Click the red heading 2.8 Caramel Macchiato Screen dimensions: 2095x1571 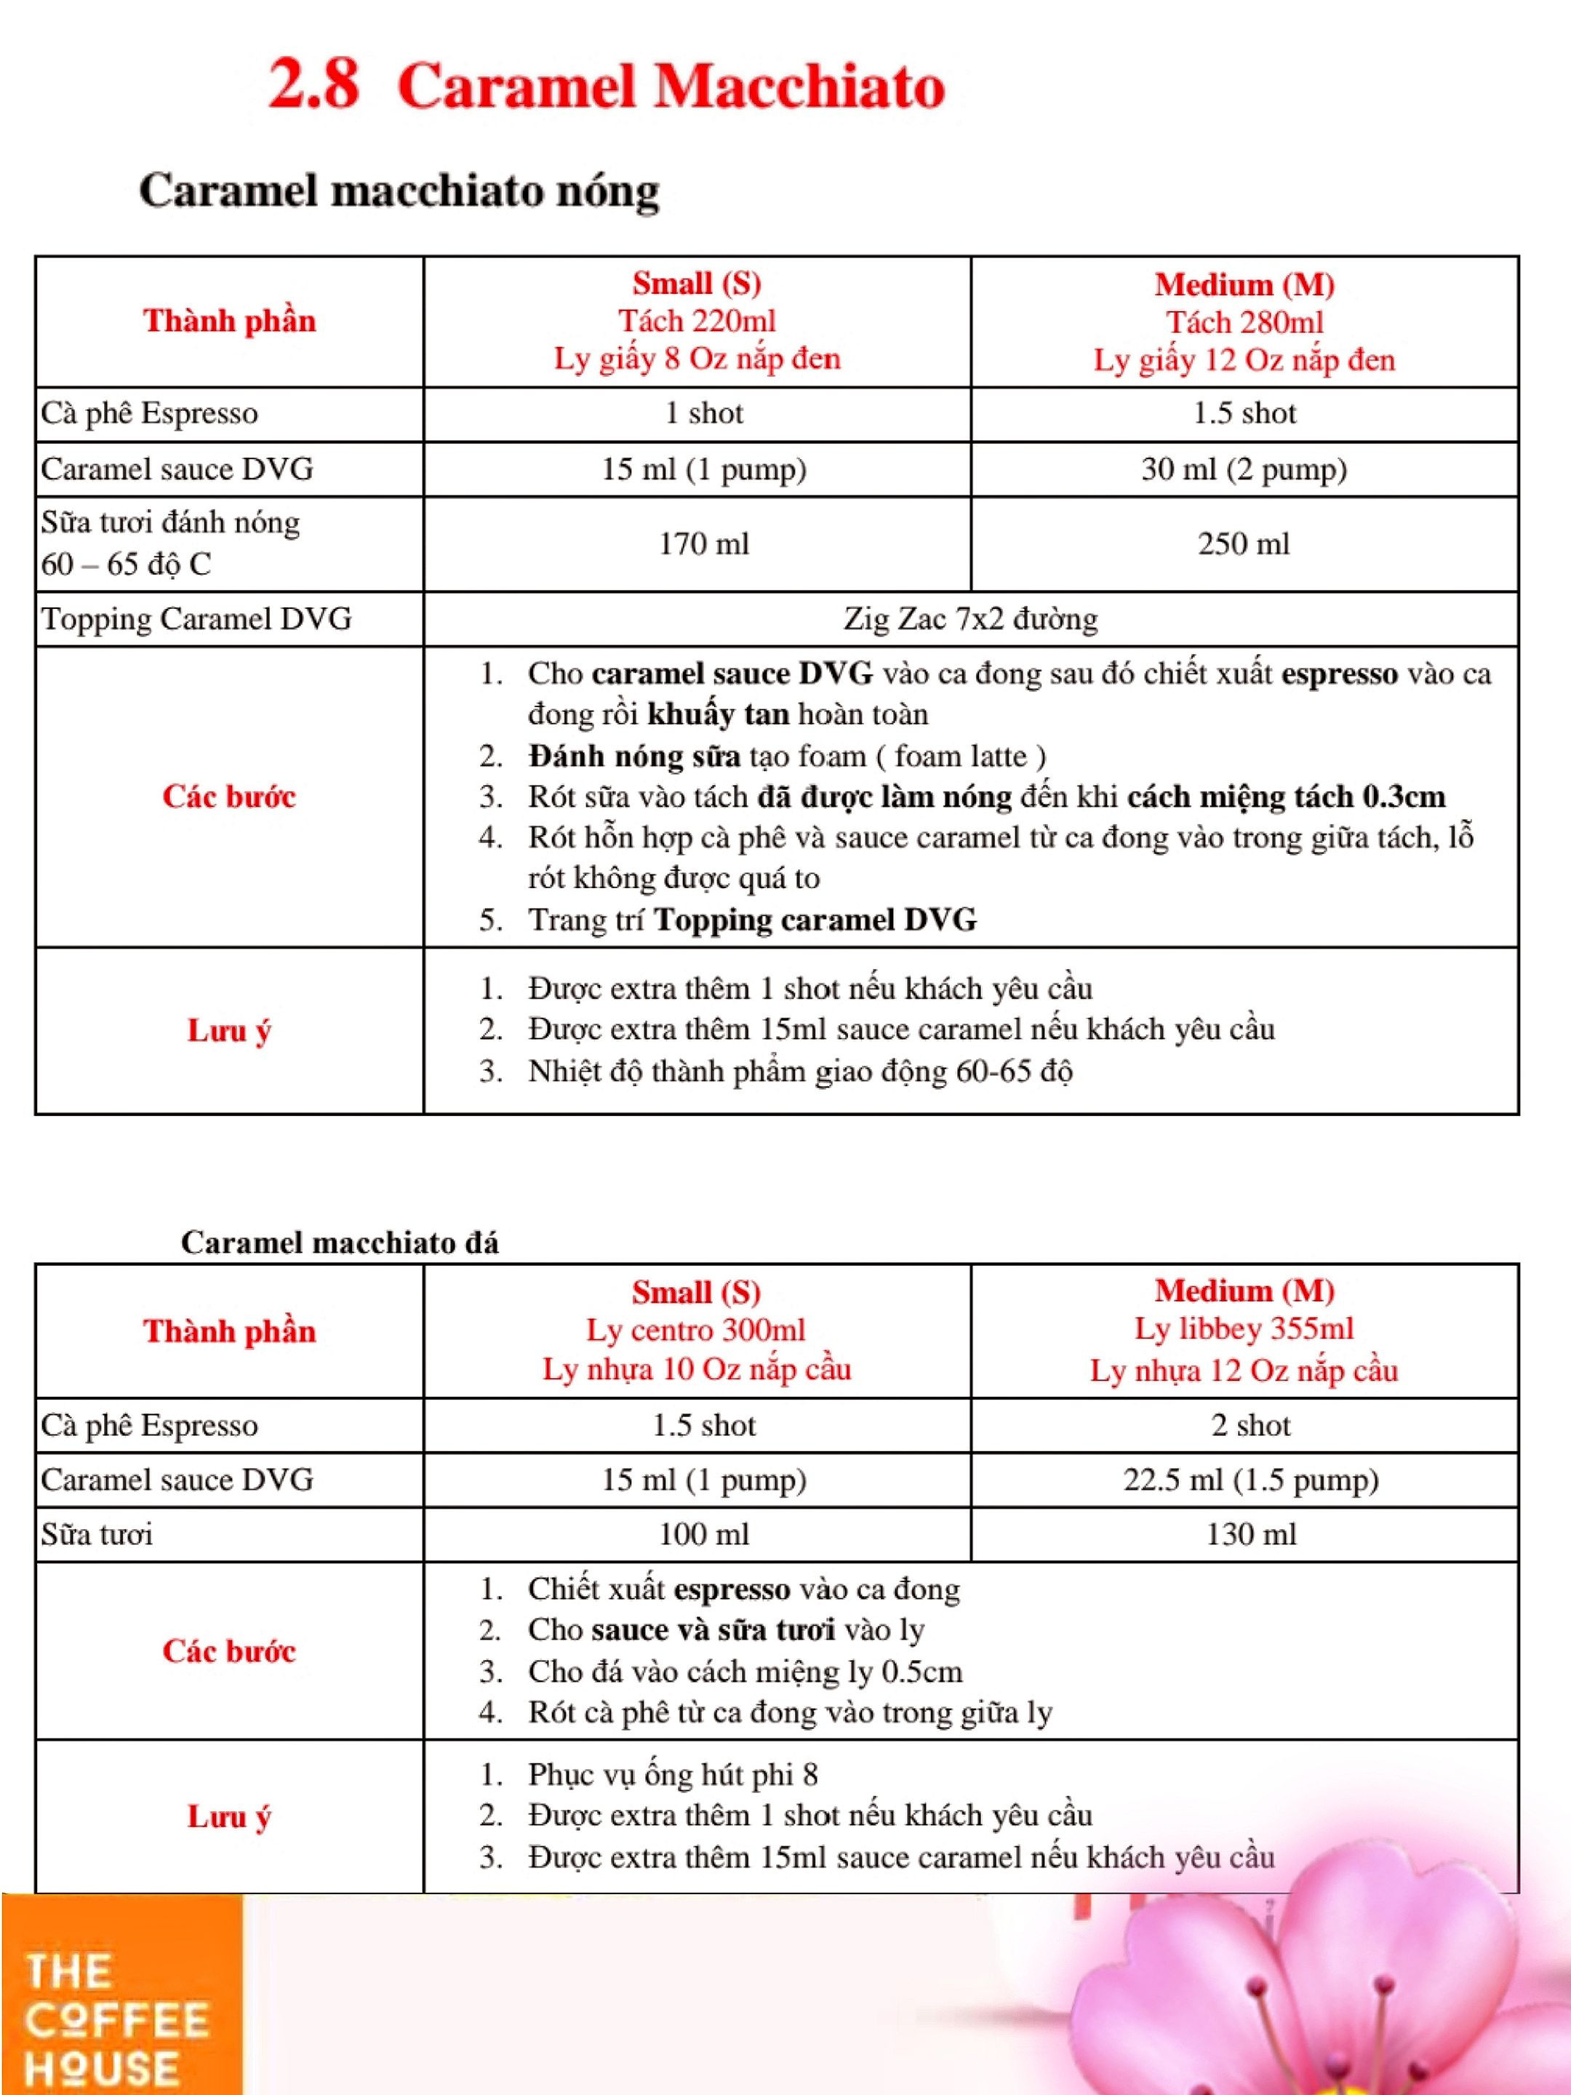pyautogui.click(x=606, y=85)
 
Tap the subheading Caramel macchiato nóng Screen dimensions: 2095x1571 pyautogui.click(x=399, y=191)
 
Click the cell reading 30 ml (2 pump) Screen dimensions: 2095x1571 pyautogui.click(x=1244, y=468)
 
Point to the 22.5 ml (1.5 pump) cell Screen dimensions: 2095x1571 pyautogui.click(x=1250, y=1480)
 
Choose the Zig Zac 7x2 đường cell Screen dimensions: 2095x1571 pyautogui.click(x=971, y=618)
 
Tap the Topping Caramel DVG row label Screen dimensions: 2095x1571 pyautogui.click(x=196, y=618)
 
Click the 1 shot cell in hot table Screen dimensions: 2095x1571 pyautogui.click(x=703, y=413)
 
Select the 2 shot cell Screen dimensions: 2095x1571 pyautogui.click(x=1250, y=1424)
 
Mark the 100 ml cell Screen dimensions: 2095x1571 pyautogui.click(x=703, y=1534)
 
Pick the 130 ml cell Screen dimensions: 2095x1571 pyautogui.click(x=1250, y=1534)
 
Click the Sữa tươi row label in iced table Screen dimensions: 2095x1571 pyautogui.click(x=97, y=1534)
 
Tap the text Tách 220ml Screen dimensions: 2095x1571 pyautogui.click(x=697, y=321)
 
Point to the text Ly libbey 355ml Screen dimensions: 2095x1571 pyautogui.click(x=1244, y=1329)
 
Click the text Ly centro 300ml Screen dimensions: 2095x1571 pyautogui.click(x=696, y=1330)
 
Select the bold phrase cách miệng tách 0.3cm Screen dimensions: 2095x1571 pyautogui.click(x=1286, y=797)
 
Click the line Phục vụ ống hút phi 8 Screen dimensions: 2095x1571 pyautogui.click(x=672, y=1774)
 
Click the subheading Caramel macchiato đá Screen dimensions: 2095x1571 pyautogui.click(x=339, y=1242)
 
